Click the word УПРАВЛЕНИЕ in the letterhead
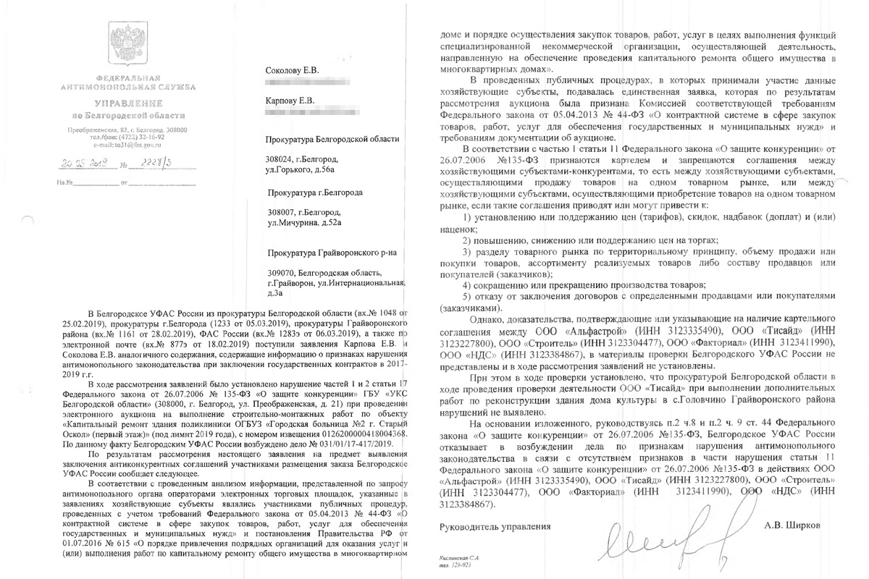[120, 103]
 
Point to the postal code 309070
[281, 271]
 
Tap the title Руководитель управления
[495, 527]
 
